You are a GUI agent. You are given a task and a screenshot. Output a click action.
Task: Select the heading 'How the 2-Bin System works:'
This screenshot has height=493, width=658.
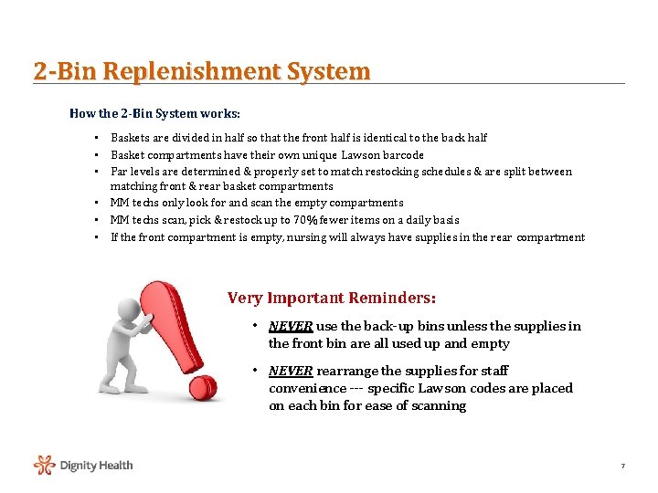point(155,114)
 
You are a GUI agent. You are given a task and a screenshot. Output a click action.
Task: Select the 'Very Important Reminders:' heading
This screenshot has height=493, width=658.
point(331,298)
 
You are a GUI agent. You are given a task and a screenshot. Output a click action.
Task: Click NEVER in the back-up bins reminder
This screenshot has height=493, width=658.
point(290,326)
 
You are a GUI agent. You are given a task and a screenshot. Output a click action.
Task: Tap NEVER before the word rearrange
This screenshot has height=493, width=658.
point(290,371)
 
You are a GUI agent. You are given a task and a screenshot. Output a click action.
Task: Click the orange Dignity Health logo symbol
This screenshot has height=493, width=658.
point(45,466)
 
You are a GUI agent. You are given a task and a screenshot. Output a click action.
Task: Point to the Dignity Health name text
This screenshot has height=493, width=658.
point(96,466)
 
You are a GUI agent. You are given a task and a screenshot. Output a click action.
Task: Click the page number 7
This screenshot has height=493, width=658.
point(622,467)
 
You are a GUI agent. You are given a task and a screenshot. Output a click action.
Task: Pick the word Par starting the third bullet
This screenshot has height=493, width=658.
point(119,172)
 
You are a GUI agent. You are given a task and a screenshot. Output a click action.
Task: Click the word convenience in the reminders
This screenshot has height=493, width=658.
point(307,388)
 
